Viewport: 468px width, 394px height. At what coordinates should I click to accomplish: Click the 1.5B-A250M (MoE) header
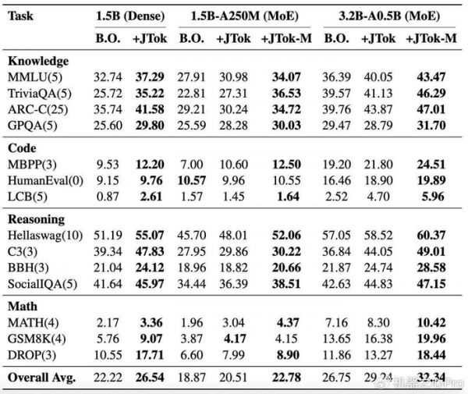242,16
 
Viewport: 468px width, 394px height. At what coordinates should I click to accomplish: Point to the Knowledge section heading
37,60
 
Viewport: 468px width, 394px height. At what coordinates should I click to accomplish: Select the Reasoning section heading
36,219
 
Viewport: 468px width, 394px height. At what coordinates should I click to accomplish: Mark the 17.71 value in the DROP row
148,355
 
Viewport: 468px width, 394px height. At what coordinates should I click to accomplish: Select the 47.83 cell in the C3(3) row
148,251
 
